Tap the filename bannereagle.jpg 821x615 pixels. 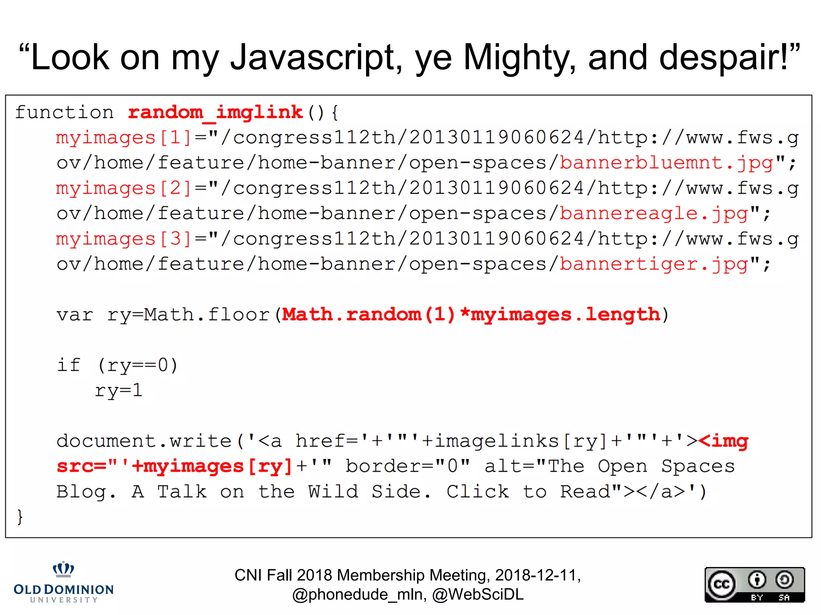coord(653,213)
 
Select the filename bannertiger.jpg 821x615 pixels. coord(653,264)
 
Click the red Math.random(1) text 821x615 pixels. coord(369,315)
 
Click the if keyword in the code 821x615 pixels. coord(69,365)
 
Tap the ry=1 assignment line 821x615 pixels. coord(119,390)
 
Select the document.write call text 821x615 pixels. coord(144,441)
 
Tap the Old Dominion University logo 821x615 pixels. coord(64,583)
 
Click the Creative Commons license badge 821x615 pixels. coord(754,585)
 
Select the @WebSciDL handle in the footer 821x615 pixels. coord(478,595)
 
